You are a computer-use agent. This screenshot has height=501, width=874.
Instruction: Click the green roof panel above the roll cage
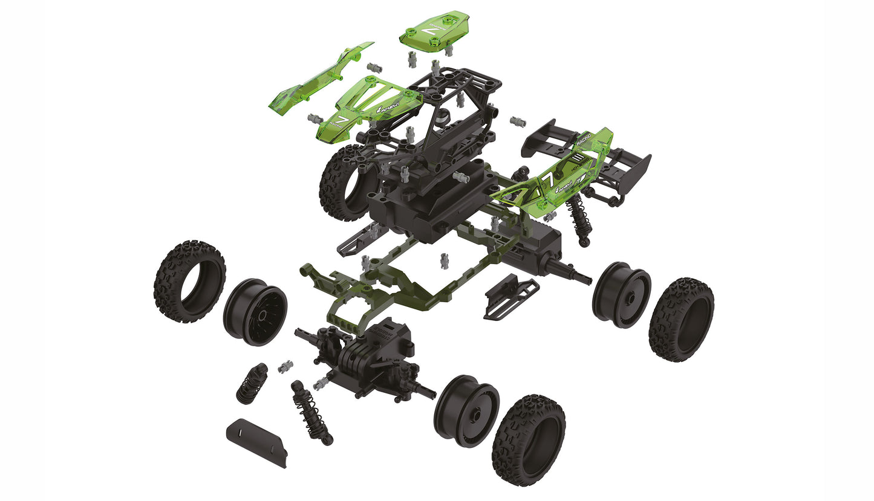click(426, 30)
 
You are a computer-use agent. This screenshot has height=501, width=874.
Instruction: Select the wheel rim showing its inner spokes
click(255, 312)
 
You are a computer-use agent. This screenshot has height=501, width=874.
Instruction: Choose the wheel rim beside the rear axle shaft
click(621, 294)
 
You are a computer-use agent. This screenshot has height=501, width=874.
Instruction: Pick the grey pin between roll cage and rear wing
click(518, 122)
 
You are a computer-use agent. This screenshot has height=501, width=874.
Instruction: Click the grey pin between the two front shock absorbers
click(285, 366)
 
